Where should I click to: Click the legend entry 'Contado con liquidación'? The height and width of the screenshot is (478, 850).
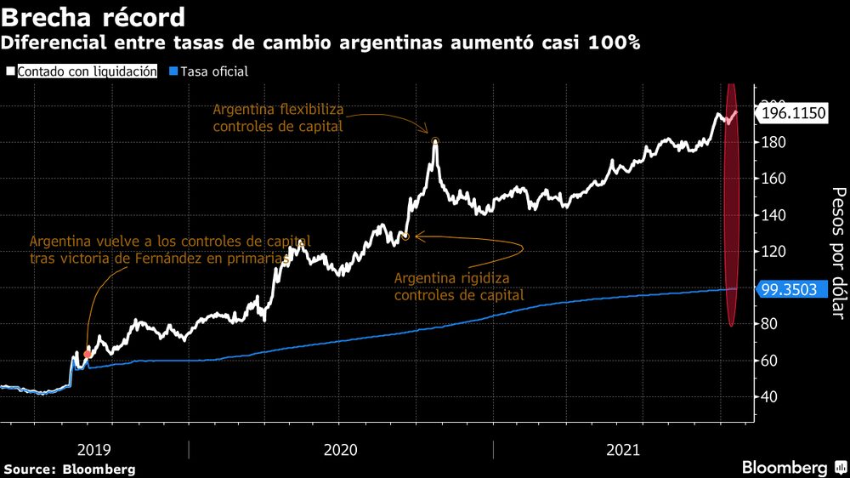[86, 71]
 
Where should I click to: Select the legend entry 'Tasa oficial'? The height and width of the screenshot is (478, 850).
[212, 71]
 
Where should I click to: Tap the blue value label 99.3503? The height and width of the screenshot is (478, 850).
[789, 289]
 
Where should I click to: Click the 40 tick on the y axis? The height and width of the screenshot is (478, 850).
[768, 397]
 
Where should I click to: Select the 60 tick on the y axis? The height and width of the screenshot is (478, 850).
[768, 361]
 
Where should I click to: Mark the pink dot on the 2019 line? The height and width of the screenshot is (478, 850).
[88, 353]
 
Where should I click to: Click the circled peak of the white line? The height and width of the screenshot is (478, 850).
[435, 141]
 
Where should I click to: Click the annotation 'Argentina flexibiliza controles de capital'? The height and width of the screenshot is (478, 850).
[277, 117]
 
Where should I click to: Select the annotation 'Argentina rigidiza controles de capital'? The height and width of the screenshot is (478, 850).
[458, 287]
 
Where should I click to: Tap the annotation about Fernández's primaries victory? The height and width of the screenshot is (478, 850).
[170, 250]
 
